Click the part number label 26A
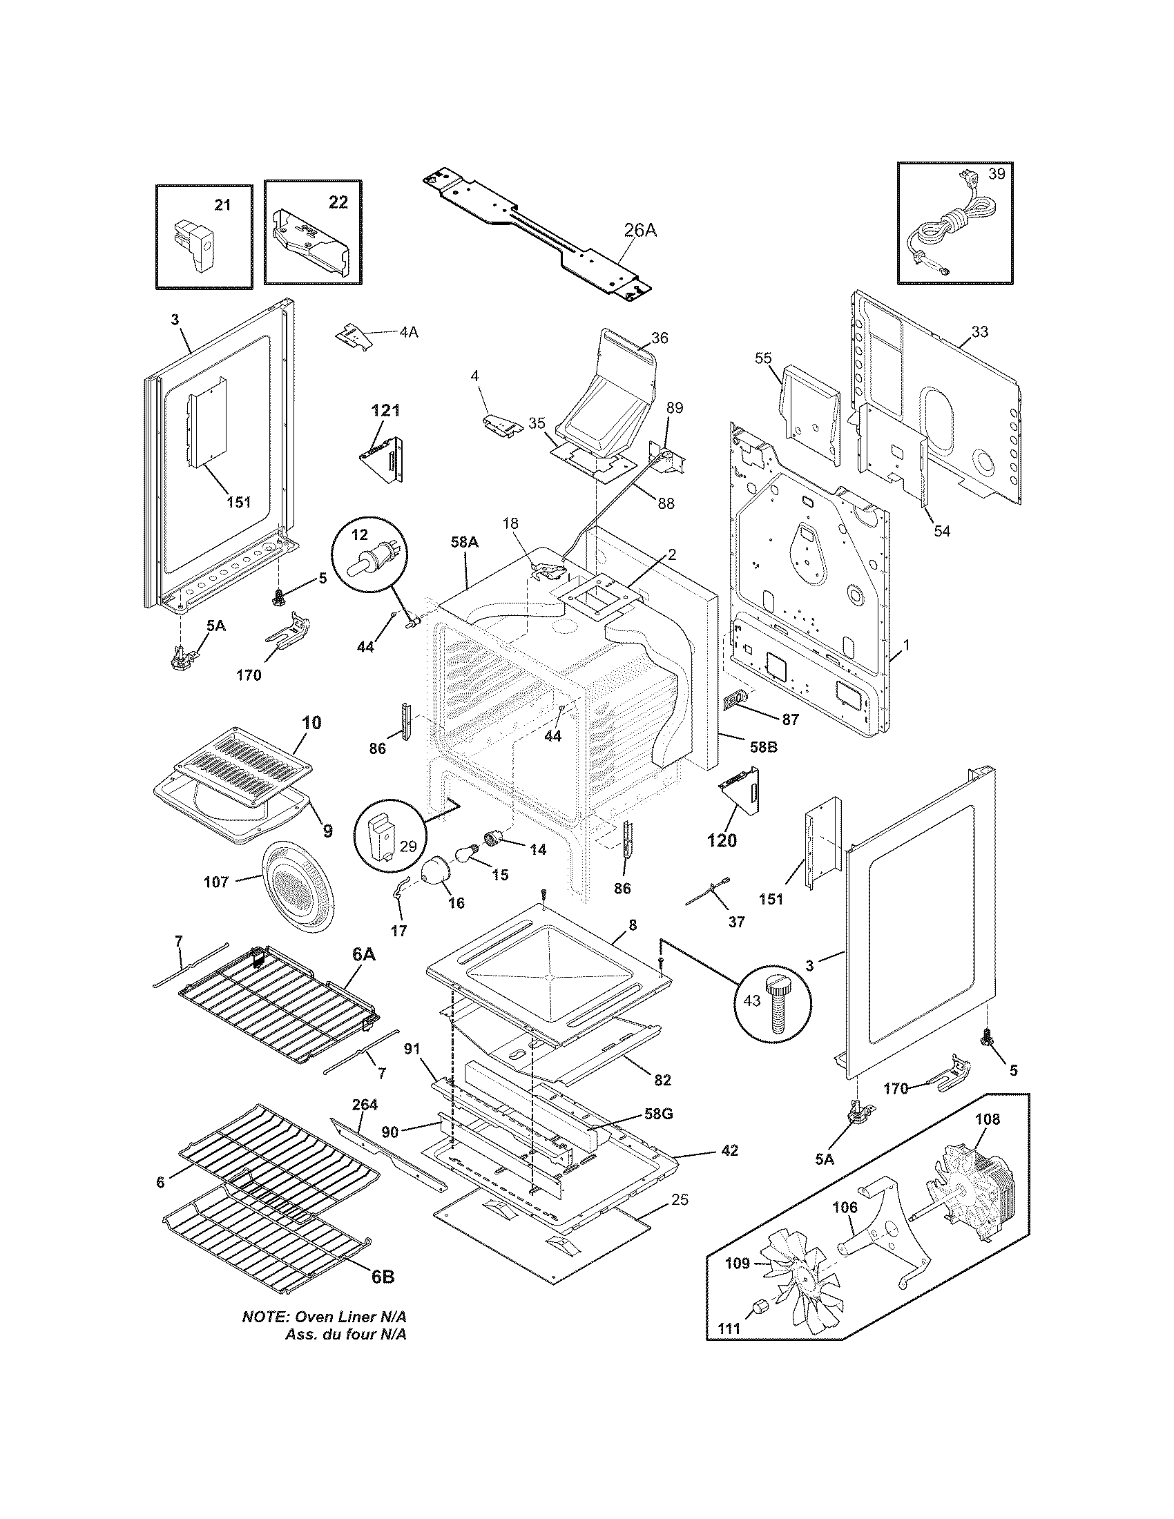pos(639,230)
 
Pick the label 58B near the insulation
pos(763,748)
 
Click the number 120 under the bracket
pos(722,841)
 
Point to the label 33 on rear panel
pos(979,331)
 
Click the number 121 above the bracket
pos(385,410)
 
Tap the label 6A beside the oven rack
pos(363,956)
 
